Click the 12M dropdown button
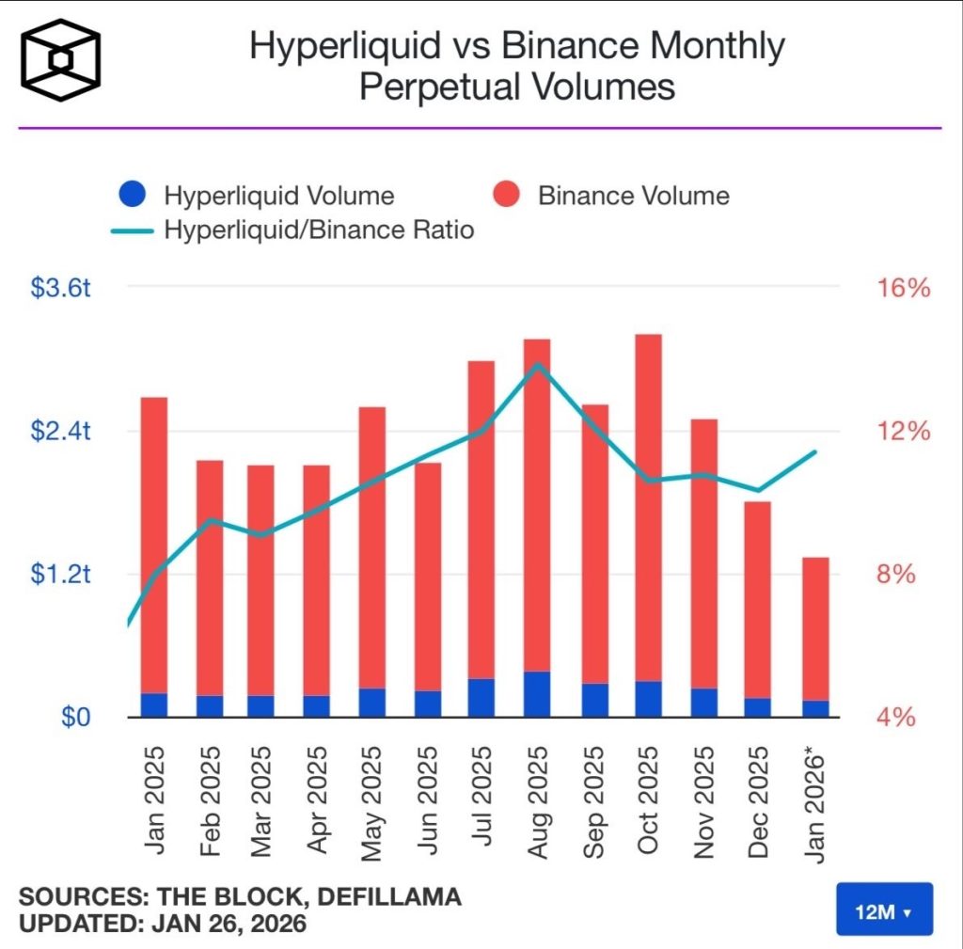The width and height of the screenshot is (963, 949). (883, 909)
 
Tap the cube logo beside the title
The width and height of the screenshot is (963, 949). (61, 59)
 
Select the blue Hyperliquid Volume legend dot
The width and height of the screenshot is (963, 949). (133, 196)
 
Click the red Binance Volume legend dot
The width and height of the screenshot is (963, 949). (507, 196)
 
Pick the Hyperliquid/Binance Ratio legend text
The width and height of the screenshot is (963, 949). (318, 229)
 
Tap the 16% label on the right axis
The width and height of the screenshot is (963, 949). (904, 288)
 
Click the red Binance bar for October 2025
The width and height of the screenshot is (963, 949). (648, 508)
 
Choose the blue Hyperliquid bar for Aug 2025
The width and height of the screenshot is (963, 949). (537, 694)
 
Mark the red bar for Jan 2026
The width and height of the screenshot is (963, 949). (815, 628)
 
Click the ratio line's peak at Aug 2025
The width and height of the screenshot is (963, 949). (537, 364)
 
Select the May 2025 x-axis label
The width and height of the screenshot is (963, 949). (371, 799)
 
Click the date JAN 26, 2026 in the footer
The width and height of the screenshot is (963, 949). (229, 924)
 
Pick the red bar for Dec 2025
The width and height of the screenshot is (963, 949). (758, 599)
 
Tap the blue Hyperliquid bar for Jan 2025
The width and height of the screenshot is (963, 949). (153, 704)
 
